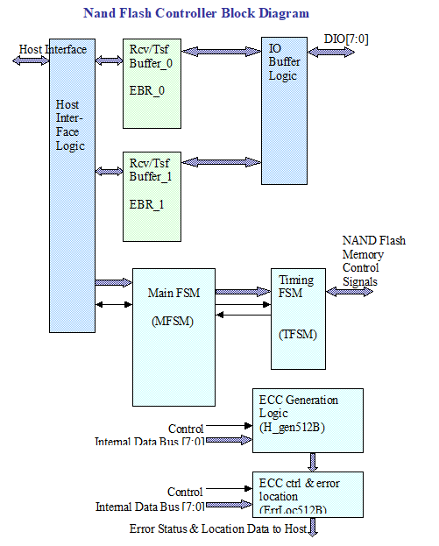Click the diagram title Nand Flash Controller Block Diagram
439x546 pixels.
195,13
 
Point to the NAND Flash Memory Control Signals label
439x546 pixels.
373,261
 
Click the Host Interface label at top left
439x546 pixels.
53,49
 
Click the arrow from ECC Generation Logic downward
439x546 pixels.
312,462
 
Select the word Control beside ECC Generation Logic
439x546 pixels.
185,429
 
